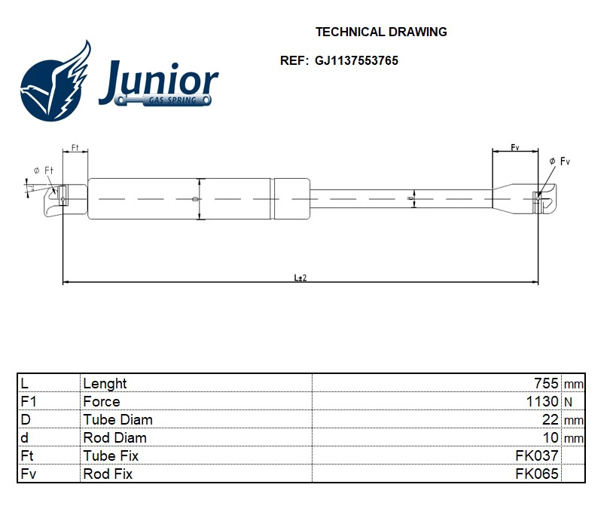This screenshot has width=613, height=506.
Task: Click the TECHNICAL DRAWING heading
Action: [x=380, y=32]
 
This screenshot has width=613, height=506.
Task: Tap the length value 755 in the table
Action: [x=546, y=384]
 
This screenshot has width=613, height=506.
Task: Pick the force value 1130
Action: [x=542, y=402]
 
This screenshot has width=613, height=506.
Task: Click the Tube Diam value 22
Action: [x=550, y=420]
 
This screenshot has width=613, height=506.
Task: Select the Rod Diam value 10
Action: [x=550, y=438]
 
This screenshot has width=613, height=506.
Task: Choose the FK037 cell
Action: [x=536, y=456]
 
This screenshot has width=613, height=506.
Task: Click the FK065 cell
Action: [x=536, y=474]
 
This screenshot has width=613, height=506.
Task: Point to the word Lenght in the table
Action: [x=105, y=384]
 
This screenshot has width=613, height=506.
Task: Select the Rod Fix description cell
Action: [x=108, y=474]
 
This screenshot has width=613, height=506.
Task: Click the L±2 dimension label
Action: [x=300, y=278]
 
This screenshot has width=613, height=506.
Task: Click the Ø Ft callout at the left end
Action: [x=44, y=170]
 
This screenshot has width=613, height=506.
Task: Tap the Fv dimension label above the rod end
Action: [x=515, y=147]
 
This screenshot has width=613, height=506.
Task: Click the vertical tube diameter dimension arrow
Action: [x=200, y=199]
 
